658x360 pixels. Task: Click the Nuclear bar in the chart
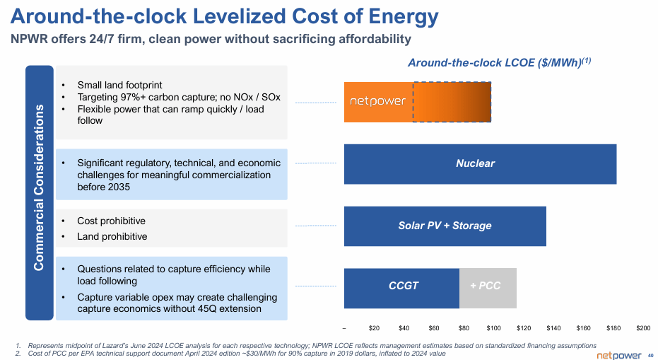[x=479, y=164]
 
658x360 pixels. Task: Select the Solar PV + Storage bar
[x=445, y=226]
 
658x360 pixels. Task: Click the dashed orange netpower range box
[x=452, y=102]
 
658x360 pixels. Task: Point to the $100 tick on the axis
[x=494, y=329]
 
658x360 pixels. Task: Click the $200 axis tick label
[x=643, y=329]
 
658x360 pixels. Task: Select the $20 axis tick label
[x=375, y=329]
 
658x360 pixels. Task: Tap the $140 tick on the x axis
[x=553, y=329]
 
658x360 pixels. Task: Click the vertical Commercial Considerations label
[x=40, y=192]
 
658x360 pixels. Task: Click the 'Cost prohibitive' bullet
[x=111, y=221]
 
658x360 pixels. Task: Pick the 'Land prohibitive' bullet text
[x=112, y=236]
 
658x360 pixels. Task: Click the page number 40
[x=650, y=354]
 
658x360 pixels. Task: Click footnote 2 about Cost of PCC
[x=233, y=353]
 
